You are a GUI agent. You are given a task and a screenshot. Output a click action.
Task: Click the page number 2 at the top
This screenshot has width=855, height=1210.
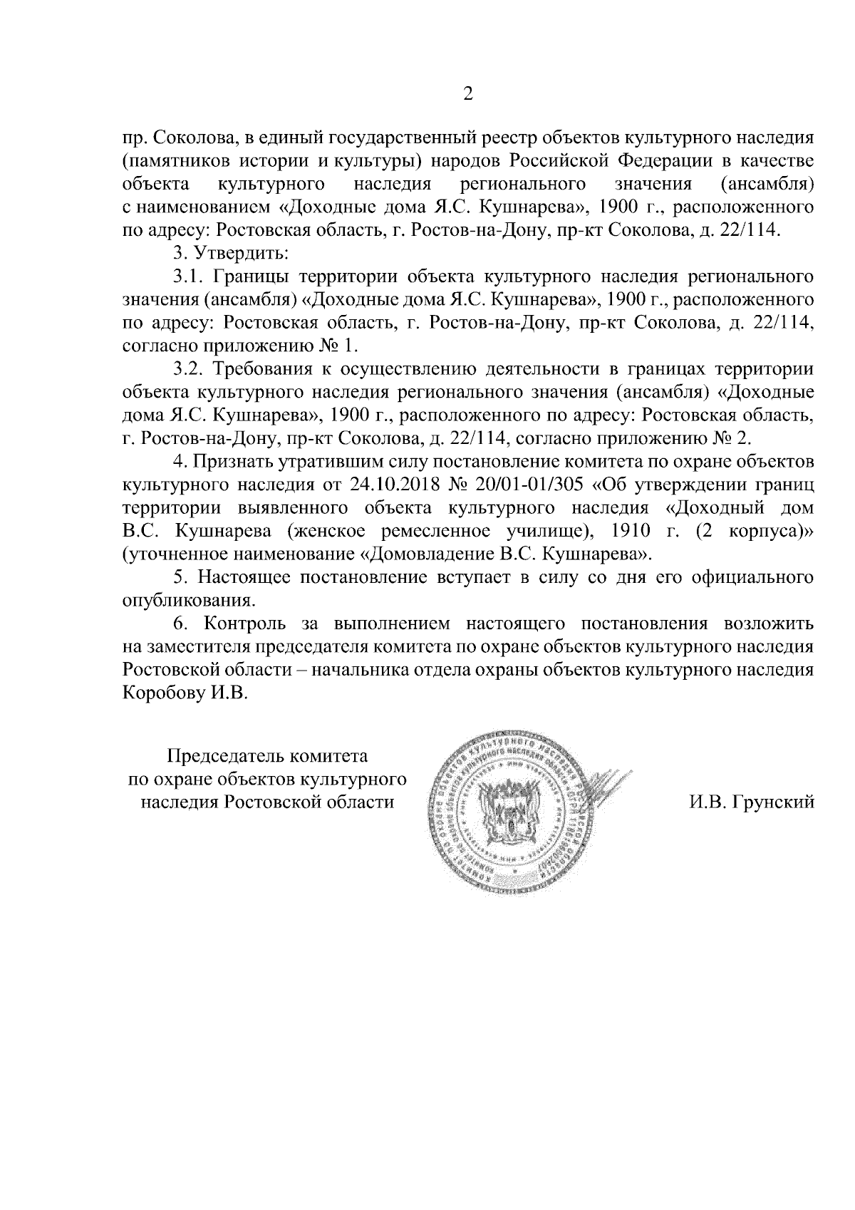468,94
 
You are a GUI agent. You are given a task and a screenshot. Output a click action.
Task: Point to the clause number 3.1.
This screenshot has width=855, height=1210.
189,276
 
